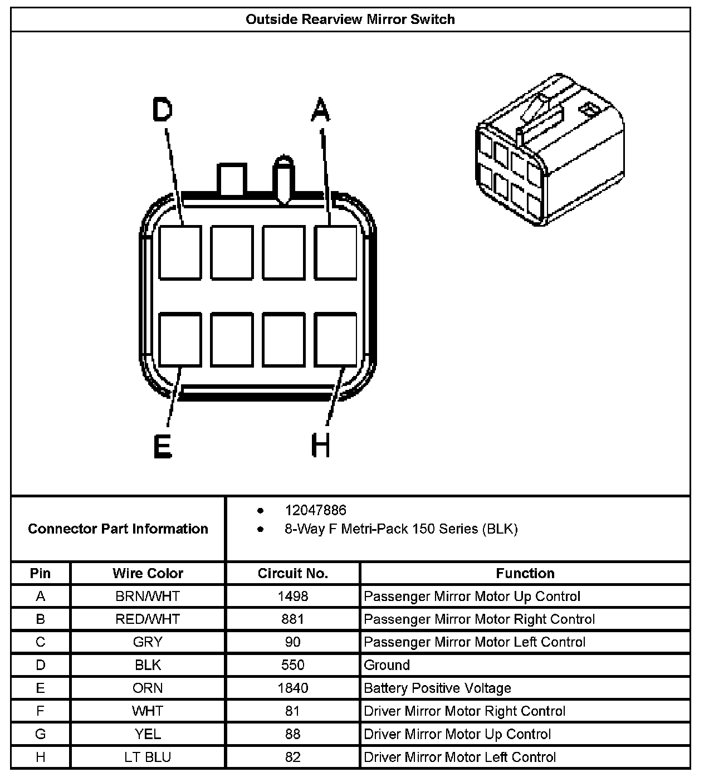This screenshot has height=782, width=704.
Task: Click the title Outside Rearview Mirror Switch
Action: [x=350, y=19]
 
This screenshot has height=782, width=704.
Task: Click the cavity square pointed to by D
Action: [x=180, y=252]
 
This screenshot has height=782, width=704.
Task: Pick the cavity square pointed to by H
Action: [x=335, y=340]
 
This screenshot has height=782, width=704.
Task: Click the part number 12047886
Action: [x=315, y=510]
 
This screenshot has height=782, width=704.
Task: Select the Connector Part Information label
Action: [x=118, y=529]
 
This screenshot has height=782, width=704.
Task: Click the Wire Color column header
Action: [x=148, y=573]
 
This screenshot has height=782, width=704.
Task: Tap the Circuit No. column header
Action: [x=292, y=573]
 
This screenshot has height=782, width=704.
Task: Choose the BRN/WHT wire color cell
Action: [x=148, y=597]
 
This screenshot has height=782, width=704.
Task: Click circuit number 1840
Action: [x=292, y=688]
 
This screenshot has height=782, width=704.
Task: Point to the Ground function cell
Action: [x=387, y=665]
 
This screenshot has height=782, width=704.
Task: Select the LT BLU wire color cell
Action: [x=148, y=757]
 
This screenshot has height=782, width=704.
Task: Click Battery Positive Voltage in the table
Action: [x=437, y=688]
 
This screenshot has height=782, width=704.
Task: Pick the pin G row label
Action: [x=40, y=734]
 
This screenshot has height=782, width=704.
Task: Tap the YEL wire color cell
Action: [x=148, y=734]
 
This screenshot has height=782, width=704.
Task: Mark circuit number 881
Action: [x=292, y=619]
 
